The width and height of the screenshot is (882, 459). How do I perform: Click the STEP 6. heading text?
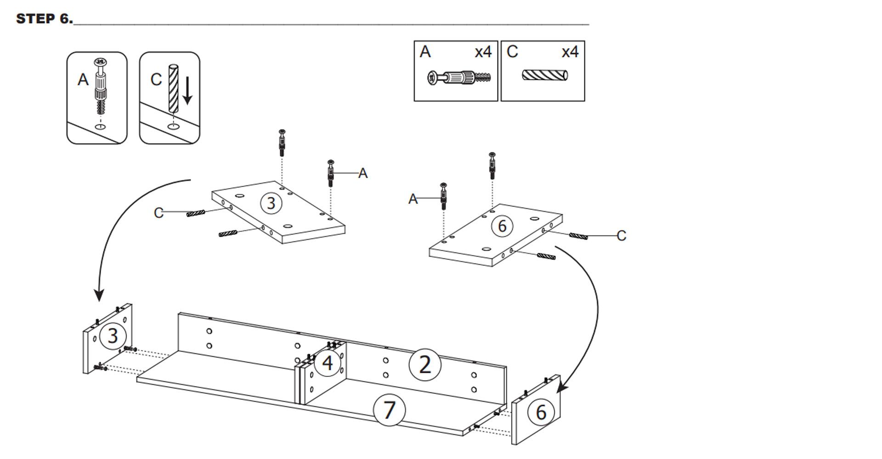coord(44,19)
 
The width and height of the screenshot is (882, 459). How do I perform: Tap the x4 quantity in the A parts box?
coord(483,52)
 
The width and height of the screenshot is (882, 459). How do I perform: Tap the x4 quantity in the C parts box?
coord(570,52)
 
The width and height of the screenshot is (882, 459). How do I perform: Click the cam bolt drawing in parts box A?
coord(459,78)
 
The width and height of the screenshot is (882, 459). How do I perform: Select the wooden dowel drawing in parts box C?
coord(545,74)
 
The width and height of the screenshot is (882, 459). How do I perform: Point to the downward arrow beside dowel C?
coord(187,90)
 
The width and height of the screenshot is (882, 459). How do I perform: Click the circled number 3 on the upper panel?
coord(271,203)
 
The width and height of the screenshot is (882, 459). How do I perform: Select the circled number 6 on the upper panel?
coord(502,226)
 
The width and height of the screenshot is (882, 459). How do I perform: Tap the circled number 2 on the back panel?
coord(425,365)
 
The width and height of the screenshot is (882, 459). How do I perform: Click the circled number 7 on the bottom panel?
coord(389,410)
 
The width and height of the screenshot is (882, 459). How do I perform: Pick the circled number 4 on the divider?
coord(328,363)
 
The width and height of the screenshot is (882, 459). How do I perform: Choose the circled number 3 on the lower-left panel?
coord(113,336)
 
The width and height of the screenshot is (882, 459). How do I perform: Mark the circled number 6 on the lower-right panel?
coord(541,412)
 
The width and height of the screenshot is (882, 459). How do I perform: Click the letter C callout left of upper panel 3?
coord(158,213)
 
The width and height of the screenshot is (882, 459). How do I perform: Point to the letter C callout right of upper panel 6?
coord(621,235)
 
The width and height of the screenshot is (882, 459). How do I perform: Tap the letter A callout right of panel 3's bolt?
coord(363,174)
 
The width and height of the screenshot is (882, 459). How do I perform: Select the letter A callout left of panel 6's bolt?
coord(413,199)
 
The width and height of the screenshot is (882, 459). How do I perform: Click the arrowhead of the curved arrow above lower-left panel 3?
coord(99,296)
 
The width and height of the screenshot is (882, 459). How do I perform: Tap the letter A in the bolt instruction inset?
coord(83,80)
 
